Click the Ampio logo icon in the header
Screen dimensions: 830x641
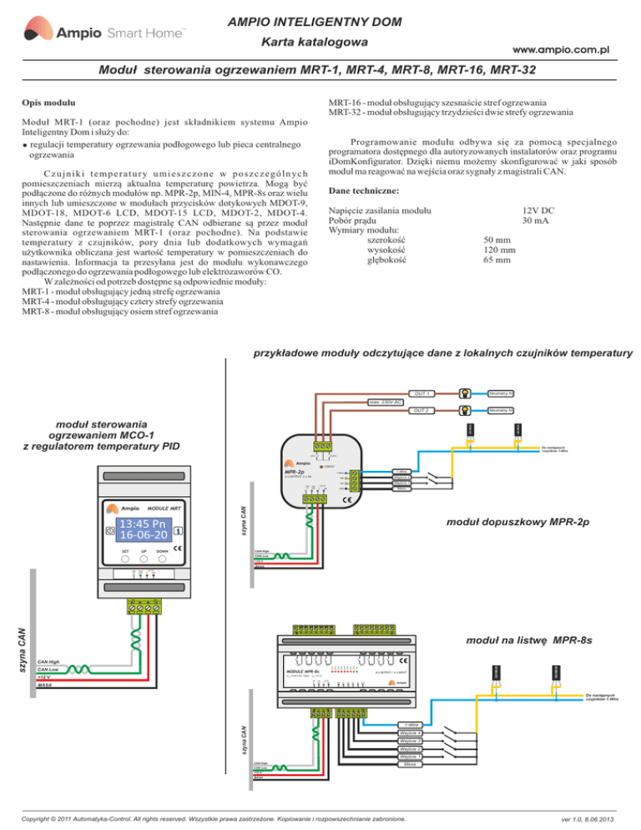click(39, 33)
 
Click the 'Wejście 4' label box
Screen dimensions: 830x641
click(409, 733)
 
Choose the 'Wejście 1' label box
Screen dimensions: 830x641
click(409, 757)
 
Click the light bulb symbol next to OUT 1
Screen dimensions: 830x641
click(461, 393)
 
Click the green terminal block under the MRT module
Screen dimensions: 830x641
click(144, 606)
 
